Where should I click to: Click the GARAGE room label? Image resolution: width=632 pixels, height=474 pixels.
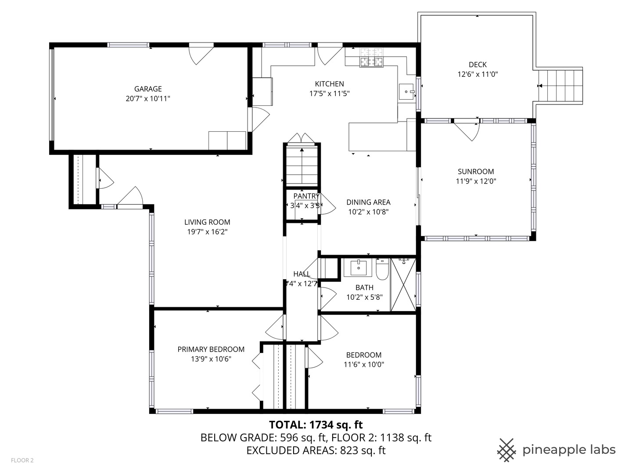[x=148, y=89]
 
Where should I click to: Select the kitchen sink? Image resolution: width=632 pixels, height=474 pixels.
[x=406, y=92]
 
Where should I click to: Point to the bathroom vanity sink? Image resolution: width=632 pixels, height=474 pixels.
[x=358, y=267]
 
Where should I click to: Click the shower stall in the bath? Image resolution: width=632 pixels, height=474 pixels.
[x=403, y=285]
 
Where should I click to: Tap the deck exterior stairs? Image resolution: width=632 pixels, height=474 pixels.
[x=560, y=86]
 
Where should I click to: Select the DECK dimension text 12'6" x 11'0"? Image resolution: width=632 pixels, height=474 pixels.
[x=478, y=74]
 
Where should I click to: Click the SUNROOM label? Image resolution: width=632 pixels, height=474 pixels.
[x=476, y=172]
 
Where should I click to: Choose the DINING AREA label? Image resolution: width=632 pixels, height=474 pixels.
[x=368, y=202]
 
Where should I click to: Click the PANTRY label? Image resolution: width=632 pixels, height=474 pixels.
[x=306, y=196]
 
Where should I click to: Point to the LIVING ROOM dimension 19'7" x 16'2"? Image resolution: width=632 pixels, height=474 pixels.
[x=207, y=232]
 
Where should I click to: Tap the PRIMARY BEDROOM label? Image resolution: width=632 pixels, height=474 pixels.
[x=211, y=349]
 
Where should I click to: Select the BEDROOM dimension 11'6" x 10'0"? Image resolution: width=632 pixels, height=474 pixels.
[x=364, y=364]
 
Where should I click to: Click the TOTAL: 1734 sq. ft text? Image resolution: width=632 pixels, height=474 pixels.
[x=316, y=425]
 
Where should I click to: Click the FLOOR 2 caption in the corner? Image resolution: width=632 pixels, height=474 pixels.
[x=22, y=460]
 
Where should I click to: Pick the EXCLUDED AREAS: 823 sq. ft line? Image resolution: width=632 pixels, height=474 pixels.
[x=316, y=450]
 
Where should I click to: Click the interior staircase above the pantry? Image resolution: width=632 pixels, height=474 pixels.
[x=302, y=164]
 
